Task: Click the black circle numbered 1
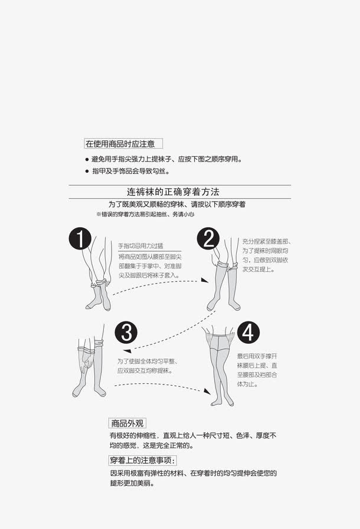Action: (x=80, y=239)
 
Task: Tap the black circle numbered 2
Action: (x=208, y=239)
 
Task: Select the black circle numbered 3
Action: (x=126, y=333)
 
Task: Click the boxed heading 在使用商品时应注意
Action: (x=123, y=143)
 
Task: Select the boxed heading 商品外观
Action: (x=127, y=423)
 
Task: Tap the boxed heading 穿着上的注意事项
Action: (x=142, y=460)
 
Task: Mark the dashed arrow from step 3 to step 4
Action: (x=162, y=386)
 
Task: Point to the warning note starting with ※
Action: (x=145, y=215)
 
